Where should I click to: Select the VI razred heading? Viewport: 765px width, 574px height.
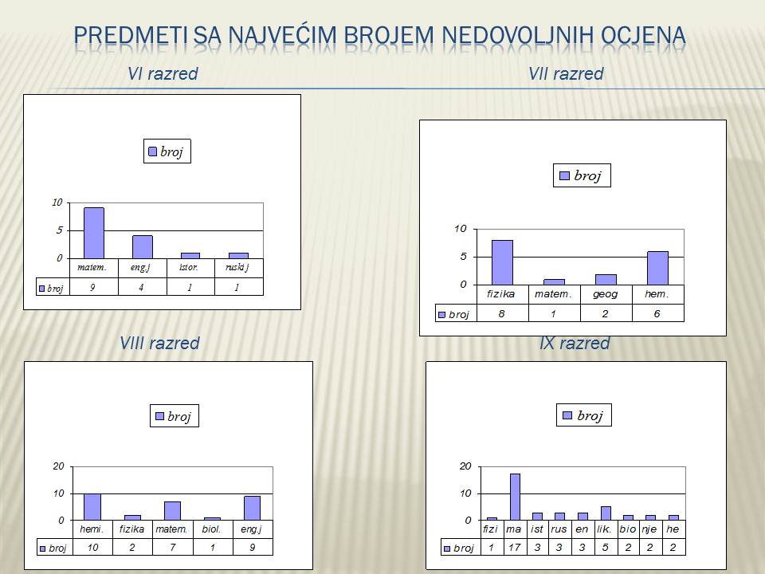click(163, 73)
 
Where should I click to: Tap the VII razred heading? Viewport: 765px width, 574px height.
click(566, 73)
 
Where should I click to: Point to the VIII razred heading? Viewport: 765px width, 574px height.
click(159, 343)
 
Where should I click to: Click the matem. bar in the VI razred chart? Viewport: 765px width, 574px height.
click(94, 233)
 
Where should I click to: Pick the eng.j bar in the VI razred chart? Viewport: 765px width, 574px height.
click(143, 247)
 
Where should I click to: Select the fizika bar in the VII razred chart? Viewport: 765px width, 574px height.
click(502, 262)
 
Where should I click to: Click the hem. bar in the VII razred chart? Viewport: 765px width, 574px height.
click(657, 268)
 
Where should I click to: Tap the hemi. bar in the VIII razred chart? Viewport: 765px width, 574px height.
click(92, 507)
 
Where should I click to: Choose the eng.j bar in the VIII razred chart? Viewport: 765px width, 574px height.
click(253, 508)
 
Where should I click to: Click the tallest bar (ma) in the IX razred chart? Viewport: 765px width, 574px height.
click(516, 497)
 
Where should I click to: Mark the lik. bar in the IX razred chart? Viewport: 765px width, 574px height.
click(606, 513)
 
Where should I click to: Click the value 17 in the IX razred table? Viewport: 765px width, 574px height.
click(514, 548)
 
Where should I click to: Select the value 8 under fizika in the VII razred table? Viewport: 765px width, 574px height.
click(501, 314)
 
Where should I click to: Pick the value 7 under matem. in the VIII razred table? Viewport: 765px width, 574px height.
click(173, 548)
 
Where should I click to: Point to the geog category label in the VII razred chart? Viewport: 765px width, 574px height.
click(606, 294)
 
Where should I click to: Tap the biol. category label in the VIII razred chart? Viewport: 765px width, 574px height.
click(212, 529)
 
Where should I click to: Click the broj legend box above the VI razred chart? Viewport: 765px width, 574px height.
click(167, 151)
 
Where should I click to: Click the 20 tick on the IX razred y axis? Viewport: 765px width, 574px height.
click(465, 466)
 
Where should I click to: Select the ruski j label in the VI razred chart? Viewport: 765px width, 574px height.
click(237, 268)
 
